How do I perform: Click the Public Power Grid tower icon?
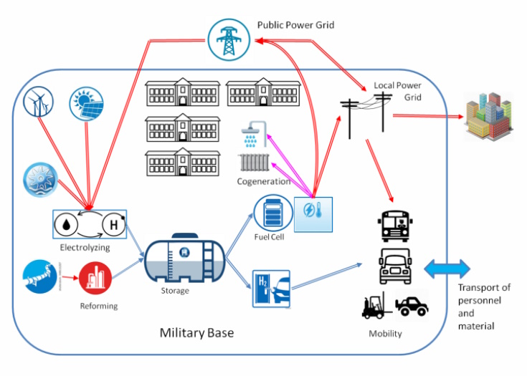229,42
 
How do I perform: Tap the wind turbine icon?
39,102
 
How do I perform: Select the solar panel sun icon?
86,103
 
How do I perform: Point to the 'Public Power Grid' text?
295,26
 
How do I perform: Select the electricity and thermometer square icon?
314,213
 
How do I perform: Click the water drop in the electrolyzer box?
67,225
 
